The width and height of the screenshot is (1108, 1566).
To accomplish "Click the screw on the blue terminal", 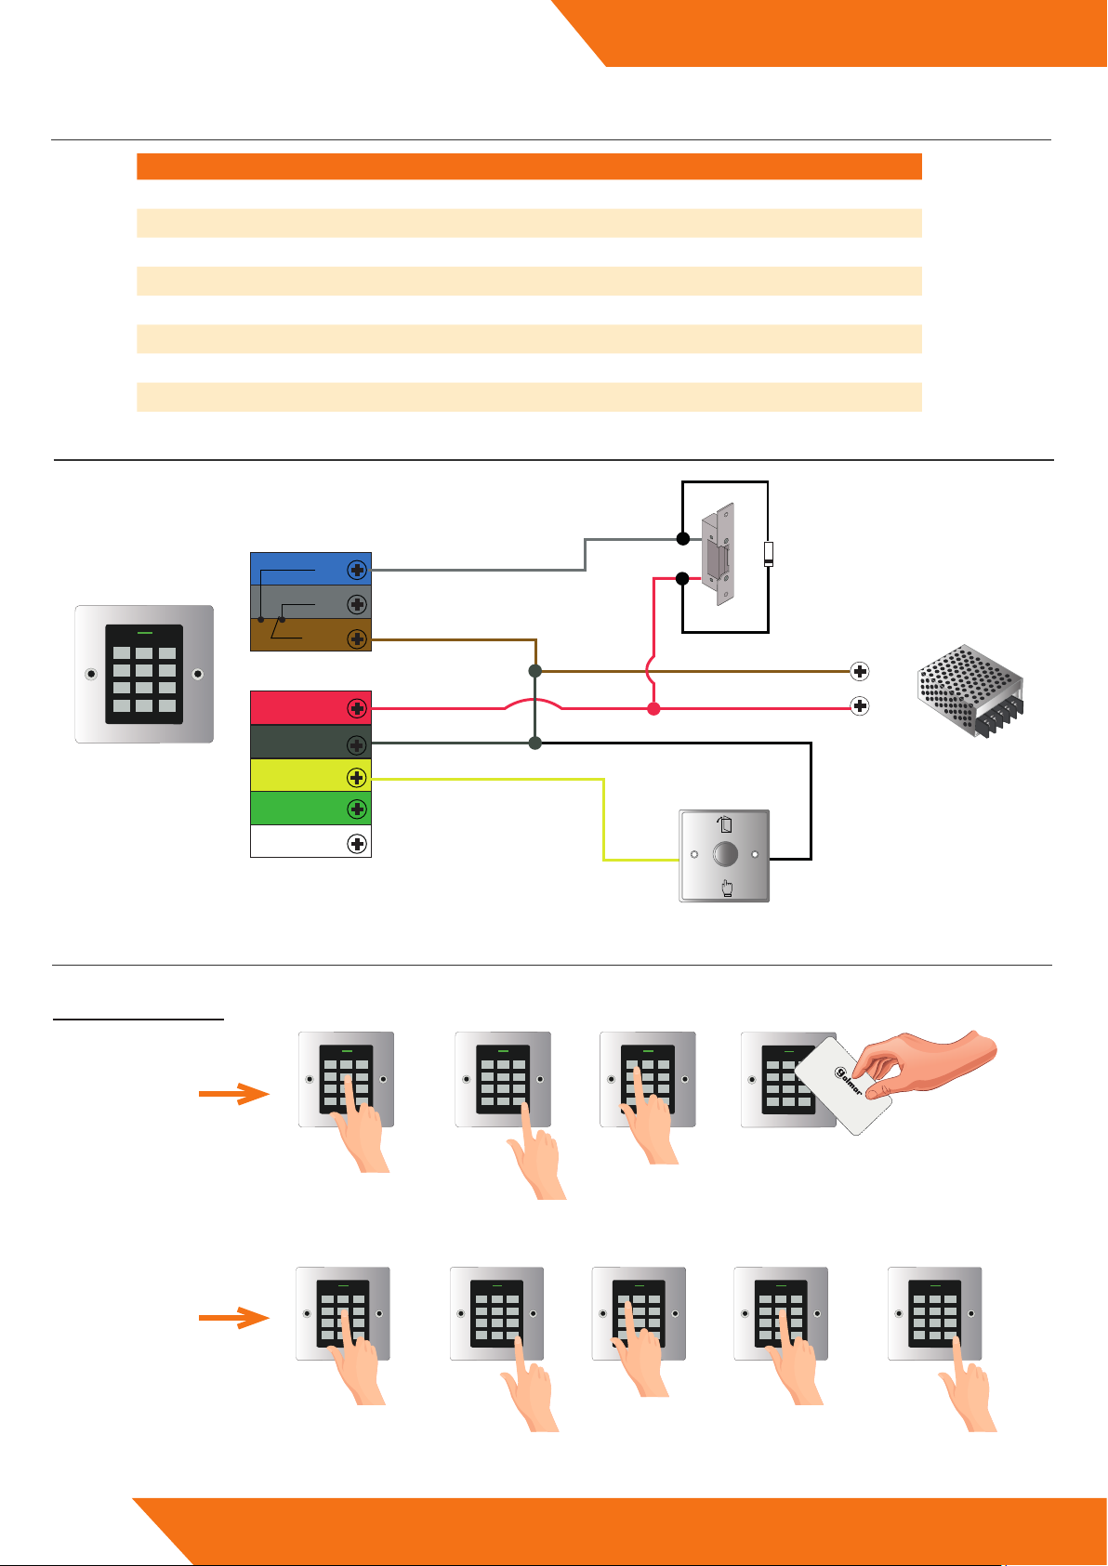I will click(x=356, y=570).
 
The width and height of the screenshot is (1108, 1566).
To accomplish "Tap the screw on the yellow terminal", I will click(x=356, y=776).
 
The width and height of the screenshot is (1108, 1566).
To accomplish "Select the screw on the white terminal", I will click(x=356, y=844).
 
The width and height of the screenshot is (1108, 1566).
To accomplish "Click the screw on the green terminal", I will click(x=356, y=809).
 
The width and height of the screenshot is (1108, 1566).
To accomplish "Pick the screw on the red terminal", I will click(x=356, y=708).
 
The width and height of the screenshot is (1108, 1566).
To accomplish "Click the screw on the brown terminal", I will click(x=356, y=638).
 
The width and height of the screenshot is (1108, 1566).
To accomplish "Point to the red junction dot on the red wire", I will click(x=653, y=709).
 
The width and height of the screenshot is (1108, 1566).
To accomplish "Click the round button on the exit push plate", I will click(x=725, y=854).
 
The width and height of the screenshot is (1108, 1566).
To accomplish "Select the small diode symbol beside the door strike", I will click(x=768, y=555).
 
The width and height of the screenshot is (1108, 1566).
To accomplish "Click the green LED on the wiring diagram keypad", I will click(x=144, y=632).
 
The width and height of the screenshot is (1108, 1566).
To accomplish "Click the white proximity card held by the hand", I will click(x=845, y=1085).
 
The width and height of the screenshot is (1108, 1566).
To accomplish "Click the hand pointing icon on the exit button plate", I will click(x=726, y=889).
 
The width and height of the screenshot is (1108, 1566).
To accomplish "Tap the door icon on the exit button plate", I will click(x=726, y=824).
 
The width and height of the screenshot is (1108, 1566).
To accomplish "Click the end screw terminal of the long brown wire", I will click(x=860, y=671).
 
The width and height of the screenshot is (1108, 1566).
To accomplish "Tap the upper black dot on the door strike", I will click(x=682, y=539).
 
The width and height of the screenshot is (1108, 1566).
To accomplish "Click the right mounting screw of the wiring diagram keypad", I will click(x=197, y=675).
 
